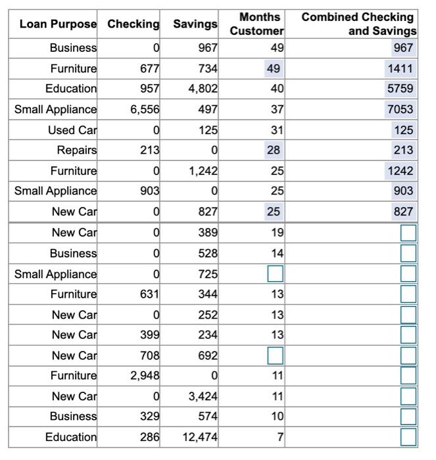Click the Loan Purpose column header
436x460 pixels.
(x=58, y=24)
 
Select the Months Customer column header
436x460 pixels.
(x=257, y=24)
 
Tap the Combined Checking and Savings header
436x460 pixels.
(x=359, y=24)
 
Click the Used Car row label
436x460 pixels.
(x=72, y=130)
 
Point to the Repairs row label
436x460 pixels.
(x=76, y=150)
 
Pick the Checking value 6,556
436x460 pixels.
(x=145, y=110)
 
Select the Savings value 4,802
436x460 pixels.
(x=203, y=89)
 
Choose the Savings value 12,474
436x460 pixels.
(x=201, y=437)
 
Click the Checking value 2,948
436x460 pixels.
(x=145, y=376)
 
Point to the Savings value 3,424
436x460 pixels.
(x=203, y=396)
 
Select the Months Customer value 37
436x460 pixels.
(x=277, y=110)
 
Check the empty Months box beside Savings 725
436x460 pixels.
(x=276, y=273)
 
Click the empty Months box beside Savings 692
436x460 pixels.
(x=276, y=356)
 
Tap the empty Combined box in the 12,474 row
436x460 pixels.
(x=408, y=437)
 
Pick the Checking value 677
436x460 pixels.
(x=149, y=68)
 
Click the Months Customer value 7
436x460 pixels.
(x=280, y=437)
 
